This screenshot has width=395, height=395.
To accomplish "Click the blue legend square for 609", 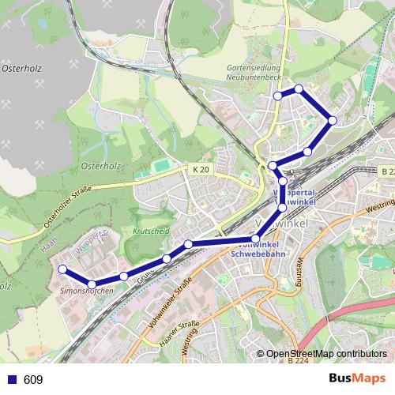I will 11,380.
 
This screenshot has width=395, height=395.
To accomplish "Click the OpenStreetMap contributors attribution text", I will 327,354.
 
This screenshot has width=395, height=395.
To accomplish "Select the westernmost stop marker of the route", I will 62,269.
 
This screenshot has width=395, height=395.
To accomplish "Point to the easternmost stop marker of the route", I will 333,120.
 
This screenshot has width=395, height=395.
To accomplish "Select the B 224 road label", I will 299,360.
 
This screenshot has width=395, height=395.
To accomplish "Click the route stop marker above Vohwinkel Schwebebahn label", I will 255,239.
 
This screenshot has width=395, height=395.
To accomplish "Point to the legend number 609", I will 33,380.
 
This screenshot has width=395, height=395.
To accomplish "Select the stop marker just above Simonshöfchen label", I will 92,284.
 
